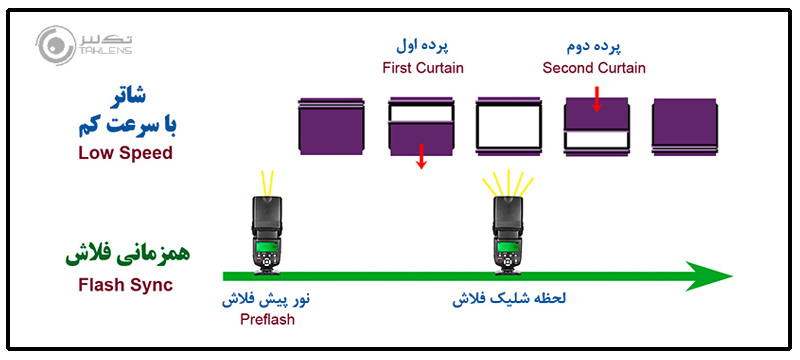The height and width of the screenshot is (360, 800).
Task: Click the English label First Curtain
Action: click(x=420, y=68)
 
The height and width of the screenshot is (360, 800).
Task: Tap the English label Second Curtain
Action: click(x=594, y=68)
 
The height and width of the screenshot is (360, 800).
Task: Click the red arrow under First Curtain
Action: click(x=422, y=155)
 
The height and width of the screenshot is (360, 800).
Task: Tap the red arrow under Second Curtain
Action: click(x=596, y=98)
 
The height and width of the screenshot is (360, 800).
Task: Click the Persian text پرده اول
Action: click(x=420, y=48)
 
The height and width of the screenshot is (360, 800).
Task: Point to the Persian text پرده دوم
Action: click(x=594, y=48)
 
